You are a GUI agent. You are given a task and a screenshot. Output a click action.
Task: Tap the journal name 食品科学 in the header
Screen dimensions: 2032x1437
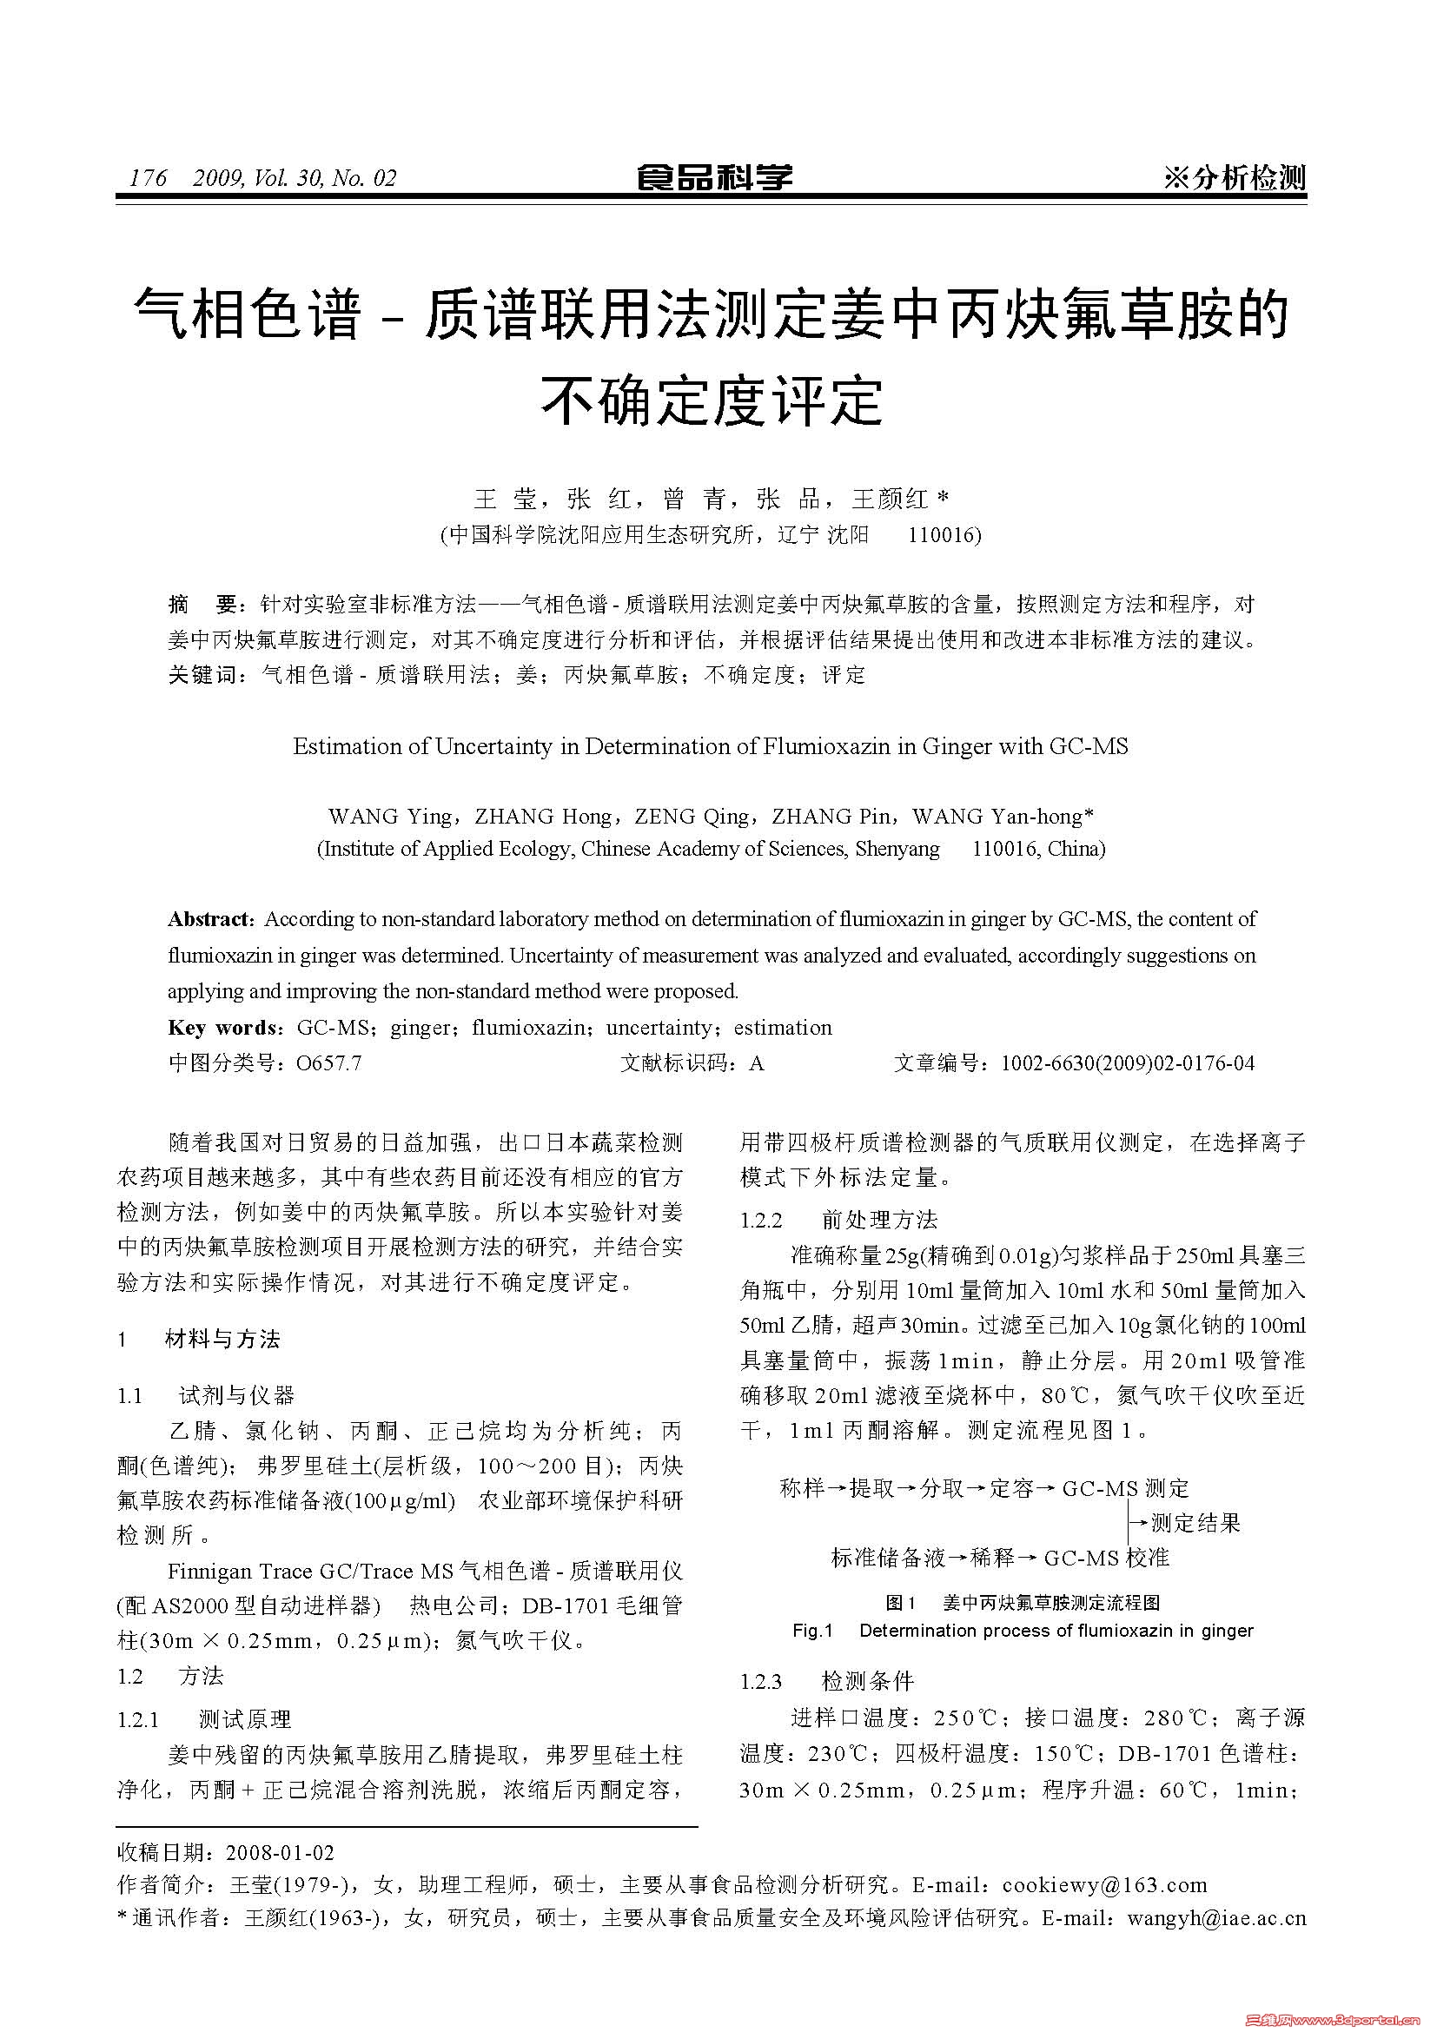pyautogui.click(x=714, y=178)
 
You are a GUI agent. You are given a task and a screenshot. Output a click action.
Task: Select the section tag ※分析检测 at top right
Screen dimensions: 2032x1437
pyautogui.click(x=1235, y=178)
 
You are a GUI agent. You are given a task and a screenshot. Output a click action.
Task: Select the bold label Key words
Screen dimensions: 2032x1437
pyautogui.click(x=223, y=1028)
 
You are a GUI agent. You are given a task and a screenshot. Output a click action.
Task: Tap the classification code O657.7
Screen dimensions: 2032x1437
pyautogui.click(x=329, y=1062)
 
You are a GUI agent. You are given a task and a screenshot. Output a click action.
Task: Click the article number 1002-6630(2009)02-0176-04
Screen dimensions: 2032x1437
pyautogui.click(x=1128, y=1062)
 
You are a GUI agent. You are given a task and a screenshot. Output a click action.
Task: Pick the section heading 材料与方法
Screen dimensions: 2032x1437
pyautogui.click(x=222, y=1339)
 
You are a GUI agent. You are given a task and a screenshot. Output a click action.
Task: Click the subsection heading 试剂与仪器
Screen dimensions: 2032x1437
pyautogui.click(x=236, y=1396)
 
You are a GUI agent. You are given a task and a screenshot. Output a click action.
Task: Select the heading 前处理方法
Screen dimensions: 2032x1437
pyautogui.click(x=879, y=1220)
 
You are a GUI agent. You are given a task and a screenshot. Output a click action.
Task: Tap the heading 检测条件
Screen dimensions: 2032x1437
pyautogui.click(x=867, y=1681)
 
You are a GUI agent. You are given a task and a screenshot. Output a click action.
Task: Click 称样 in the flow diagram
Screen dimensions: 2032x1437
pyautogui.click(x=803, y=1487)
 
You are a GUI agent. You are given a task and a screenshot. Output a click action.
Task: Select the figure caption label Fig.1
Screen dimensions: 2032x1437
pyautogui.click(x=812, y=1630)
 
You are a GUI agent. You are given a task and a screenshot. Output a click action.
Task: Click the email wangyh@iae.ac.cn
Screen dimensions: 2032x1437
pyautogui.click(x=1216, y=1918)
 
